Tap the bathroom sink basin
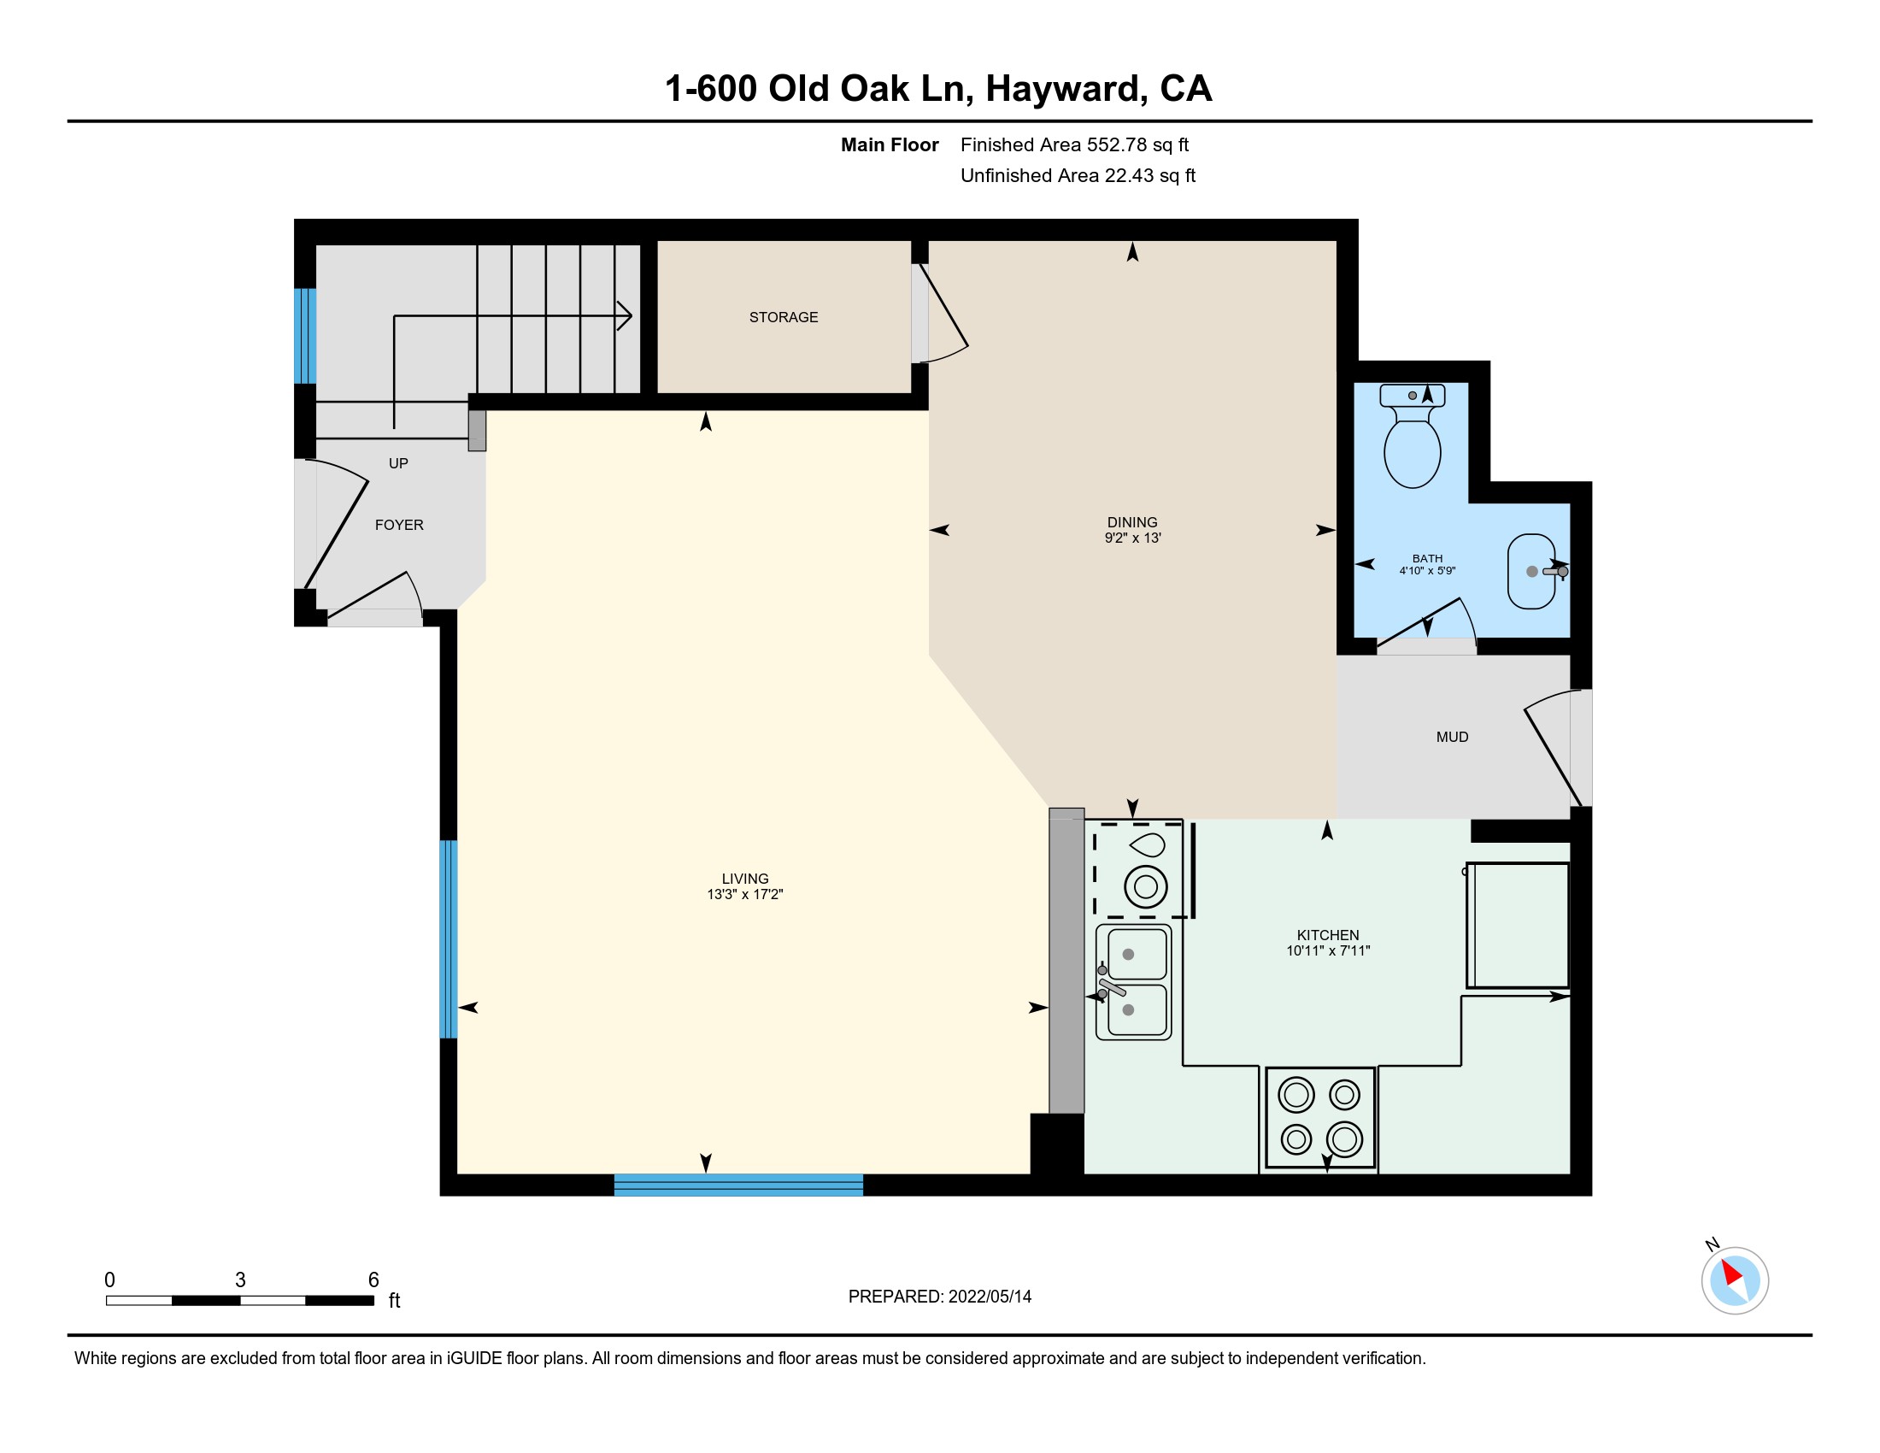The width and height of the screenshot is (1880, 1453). click(x=1531, y=572)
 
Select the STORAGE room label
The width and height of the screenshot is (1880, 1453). click(x=784, y=317)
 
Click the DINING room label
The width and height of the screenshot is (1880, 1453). click(x=1132, y=521)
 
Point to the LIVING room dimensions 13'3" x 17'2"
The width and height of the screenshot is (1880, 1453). click(x=744, y=894)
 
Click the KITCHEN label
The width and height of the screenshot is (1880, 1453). click(x=1327, y=935)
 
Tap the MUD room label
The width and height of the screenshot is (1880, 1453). click(x=1452, y=737)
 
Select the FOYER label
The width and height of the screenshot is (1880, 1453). click(x=399, y=525)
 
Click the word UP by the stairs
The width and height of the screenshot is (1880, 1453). click(x=397, y=463)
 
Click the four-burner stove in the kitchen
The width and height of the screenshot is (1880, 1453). click(x=1319, y=1118)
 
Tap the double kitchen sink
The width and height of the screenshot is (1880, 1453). click(x=1134, y=982)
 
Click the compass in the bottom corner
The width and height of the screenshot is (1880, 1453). click(x=1735, y=1280)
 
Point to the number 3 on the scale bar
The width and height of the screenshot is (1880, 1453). click(x=240, y=1280)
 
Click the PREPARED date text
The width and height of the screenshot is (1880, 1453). click(x=939, y=1297)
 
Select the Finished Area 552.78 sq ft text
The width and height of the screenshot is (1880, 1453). click(x=1074, y=144)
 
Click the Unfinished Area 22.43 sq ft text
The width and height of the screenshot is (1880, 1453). click(x=1078, y=175)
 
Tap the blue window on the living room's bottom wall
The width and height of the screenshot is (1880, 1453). click(x=738, y=1185)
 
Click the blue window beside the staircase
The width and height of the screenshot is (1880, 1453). click(x=306, y=336)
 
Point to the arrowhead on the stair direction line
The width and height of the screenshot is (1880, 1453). click(x=625, y=316)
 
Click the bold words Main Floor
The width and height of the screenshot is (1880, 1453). click(x=890, y=144)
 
